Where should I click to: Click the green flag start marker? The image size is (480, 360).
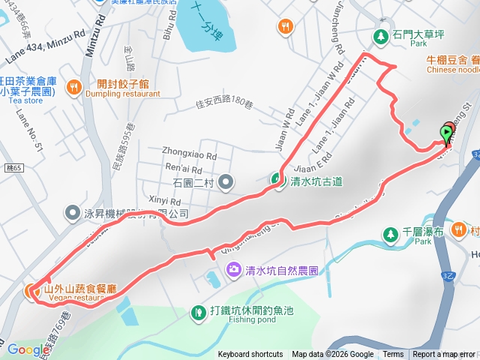pos(447,134)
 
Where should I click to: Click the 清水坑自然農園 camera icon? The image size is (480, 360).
pos(233,268)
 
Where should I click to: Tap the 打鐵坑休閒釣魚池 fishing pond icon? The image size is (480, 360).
pos(198,310)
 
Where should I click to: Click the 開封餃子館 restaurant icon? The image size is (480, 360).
pos(73,87)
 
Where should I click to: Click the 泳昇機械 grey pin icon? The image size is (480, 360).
pos(73,213)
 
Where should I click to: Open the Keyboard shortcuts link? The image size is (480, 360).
pos(250,355)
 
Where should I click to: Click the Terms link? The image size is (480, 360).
pos(393,355)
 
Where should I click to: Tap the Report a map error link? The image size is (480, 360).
pos(444,355)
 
